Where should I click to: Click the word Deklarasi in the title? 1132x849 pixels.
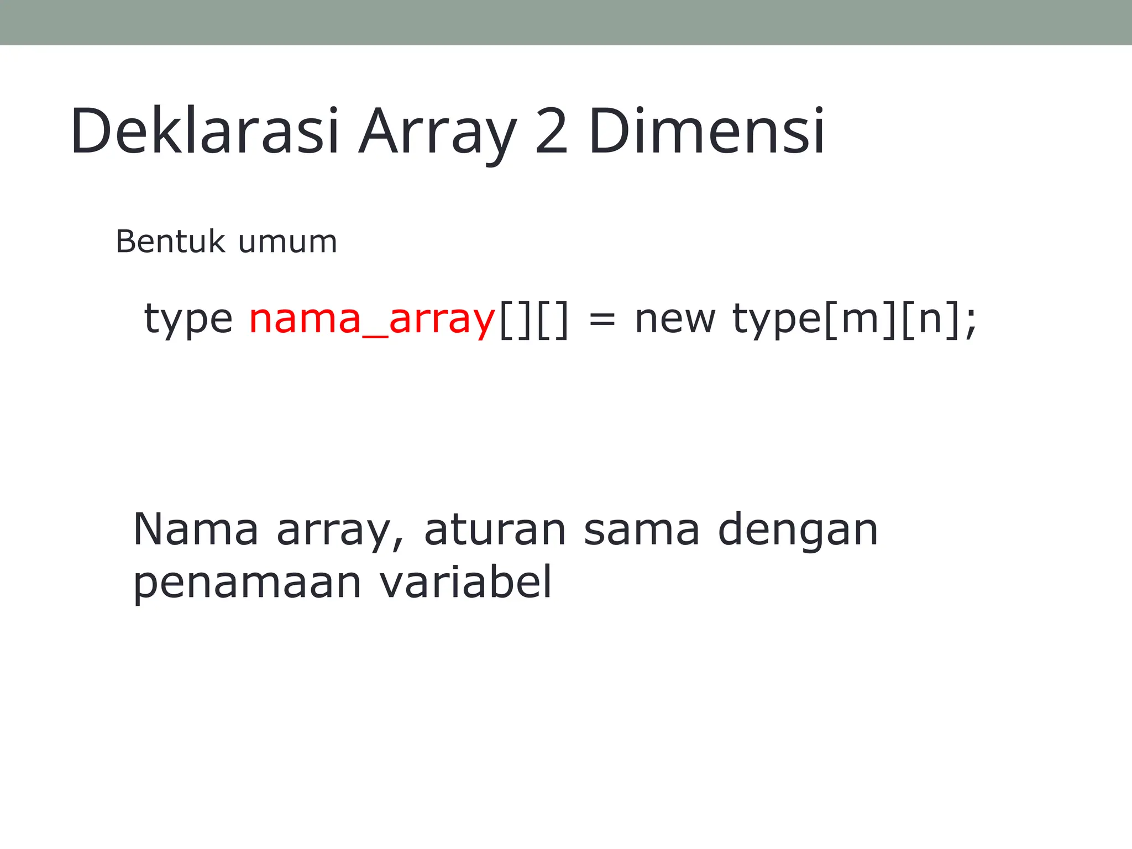pyautogui.click(x=204, y=132)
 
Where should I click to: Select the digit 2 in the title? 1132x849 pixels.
pyautogui.click(x=551, y=132)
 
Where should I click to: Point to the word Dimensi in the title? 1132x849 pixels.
pyautogui.click(x=706, y=132)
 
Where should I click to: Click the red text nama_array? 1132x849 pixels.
pyautogui.click(x=372, y=319)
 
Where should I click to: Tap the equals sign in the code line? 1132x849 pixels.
pyautogui.click(x=601, y=321)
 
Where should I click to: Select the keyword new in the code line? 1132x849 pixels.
pyautogui.click(x=675, y=319)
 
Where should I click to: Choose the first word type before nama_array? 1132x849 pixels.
pyautogui.click(x=188, y=319)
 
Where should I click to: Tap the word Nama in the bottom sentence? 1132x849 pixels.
pyautogui.click(x=196, y=530)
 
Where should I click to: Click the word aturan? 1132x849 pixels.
pyautogui.click(x=495, y=530)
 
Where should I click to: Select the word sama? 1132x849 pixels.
pyautogui.click(x=642, y=530)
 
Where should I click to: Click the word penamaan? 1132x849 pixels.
pyautogui.click(x=247, y=583)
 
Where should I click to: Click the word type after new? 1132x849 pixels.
pyautogui.click(x=777, y=319)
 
